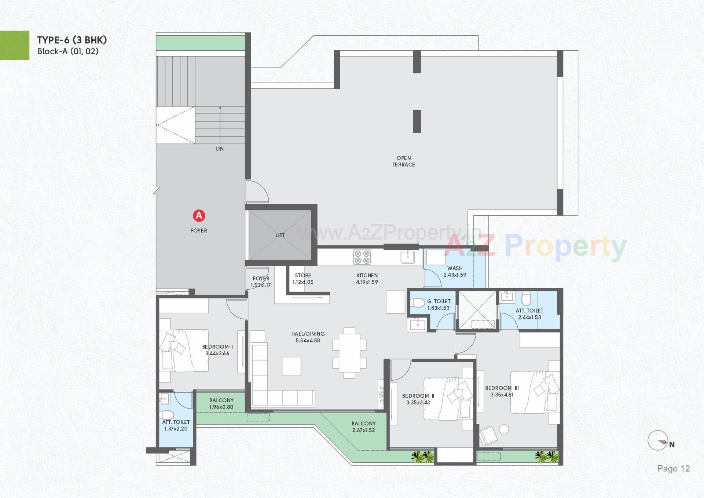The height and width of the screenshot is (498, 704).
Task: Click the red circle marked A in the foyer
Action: coord(199,216)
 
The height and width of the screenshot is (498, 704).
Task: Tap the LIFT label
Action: coord(280,235)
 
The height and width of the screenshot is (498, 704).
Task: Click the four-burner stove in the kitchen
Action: coord(362,257)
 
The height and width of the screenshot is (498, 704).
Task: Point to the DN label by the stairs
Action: coord(220,149)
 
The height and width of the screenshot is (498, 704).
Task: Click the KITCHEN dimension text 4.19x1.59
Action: coord(367,282)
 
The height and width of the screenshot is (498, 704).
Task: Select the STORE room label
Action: coord(303,275)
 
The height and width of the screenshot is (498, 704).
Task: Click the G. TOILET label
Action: coord(439,301)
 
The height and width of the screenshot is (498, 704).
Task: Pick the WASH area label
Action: coord(455,268)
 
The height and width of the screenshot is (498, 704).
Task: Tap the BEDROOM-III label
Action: coord(502,388)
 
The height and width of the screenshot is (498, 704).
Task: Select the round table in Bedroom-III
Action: coord(504,429)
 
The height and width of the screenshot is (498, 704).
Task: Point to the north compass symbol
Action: coord(658,441)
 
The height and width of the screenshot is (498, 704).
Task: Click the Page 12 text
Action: coord(673,469)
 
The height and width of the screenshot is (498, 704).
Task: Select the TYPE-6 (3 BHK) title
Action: coord(72,40)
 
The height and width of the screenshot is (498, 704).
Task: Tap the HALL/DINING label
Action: coord(308,334)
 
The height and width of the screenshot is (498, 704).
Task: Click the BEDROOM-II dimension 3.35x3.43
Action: coord(418,403)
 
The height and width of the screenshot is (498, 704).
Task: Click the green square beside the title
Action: coord(14,45)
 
